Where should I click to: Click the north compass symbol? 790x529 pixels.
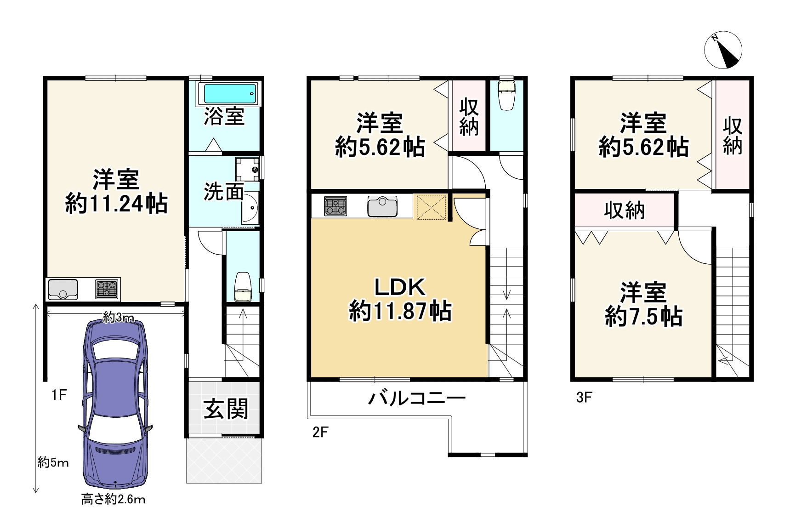tap(723, 50)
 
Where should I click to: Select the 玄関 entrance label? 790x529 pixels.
tap(226, 409)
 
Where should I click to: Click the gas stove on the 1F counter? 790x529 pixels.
tap(107, 289)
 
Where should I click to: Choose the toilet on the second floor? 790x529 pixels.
tap(506, 95)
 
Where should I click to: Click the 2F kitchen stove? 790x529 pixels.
tap(335, 206)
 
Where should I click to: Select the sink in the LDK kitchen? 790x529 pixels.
tap(382, 206)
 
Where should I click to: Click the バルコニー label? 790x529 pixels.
tap(417, 398)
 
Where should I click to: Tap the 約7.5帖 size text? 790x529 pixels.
tap(643, 317)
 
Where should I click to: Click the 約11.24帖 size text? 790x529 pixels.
tap(116, 203)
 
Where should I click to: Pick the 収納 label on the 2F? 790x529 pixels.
tap(469, 117)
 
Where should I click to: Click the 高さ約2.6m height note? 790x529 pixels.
tap(113, 499)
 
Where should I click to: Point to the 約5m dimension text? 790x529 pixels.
tap(53, 462)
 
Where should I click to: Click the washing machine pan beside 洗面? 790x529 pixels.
tap(248, 169)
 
